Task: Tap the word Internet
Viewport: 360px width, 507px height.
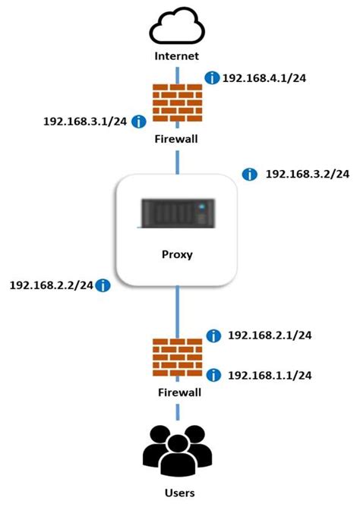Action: coord(178,56)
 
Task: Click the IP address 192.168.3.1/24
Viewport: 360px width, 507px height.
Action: coord(84,121)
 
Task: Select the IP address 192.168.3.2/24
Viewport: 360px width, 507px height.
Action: coord(307,175)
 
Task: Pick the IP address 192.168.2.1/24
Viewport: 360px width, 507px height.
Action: coord(270,335)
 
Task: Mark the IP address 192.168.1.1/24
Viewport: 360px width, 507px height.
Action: coord(270,375)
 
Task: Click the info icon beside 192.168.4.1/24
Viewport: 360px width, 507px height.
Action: coord(212,78)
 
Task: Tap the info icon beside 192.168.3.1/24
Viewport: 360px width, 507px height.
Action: coord(139,121)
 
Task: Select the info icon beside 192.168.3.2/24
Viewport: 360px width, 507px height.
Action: coord(249,175)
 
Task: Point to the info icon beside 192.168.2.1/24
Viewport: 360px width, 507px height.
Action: coord(214,335)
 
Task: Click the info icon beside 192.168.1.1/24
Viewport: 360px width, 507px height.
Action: coord(214,375)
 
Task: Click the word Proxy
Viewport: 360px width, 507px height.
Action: coord(178,254)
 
